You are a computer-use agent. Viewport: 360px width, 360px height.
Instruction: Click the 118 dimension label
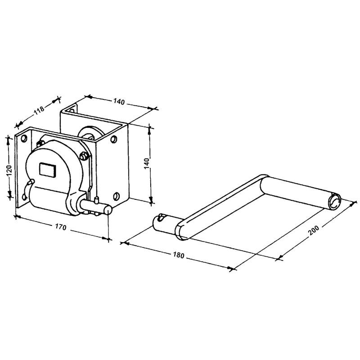click(39, 110)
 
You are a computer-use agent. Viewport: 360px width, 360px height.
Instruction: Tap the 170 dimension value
click(61, 227)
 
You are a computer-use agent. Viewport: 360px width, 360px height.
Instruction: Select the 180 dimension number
click(178, 255)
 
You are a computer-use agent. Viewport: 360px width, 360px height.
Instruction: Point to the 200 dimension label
click(314, 230)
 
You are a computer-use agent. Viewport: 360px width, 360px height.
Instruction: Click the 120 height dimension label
click(9, 171)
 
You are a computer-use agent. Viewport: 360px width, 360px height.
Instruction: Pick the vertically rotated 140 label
click(147, 163)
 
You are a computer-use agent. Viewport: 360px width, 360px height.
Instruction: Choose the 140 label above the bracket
click(119, 102)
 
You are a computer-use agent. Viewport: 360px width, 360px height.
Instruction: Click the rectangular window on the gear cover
click(48, 170)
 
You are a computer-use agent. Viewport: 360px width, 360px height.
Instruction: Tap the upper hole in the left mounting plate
click(24, 139)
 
